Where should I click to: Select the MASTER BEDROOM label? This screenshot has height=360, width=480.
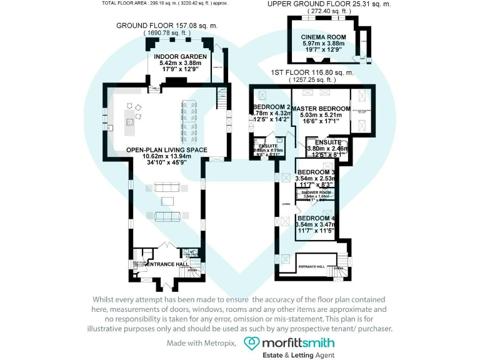click(321, 108)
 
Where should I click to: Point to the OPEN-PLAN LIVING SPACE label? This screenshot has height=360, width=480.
click(166, 150)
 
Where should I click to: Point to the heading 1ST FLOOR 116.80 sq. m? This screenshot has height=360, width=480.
click(312, 72)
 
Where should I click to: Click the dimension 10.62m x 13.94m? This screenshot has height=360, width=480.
click(166, 156)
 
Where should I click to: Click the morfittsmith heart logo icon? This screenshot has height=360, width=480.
click(251, 343)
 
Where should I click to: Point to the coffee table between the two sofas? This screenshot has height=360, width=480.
click(167, 201)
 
